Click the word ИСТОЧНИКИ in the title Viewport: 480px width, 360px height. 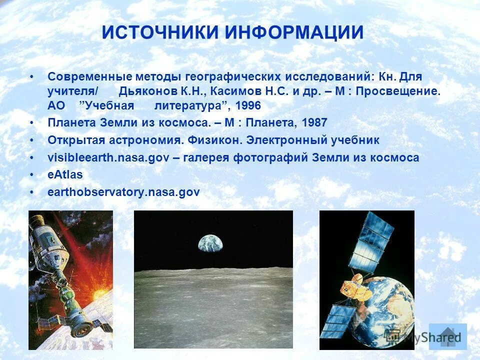pos(160,33)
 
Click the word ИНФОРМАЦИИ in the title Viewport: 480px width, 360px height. pos(293,33)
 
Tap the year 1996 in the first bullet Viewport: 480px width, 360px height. pos(248,106)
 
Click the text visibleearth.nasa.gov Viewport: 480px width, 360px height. pos(106,157)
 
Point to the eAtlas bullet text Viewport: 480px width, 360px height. pos(65,174)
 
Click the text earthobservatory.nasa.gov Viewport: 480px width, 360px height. pos(123,192)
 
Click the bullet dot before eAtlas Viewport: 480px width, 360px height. pos(32,174)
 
